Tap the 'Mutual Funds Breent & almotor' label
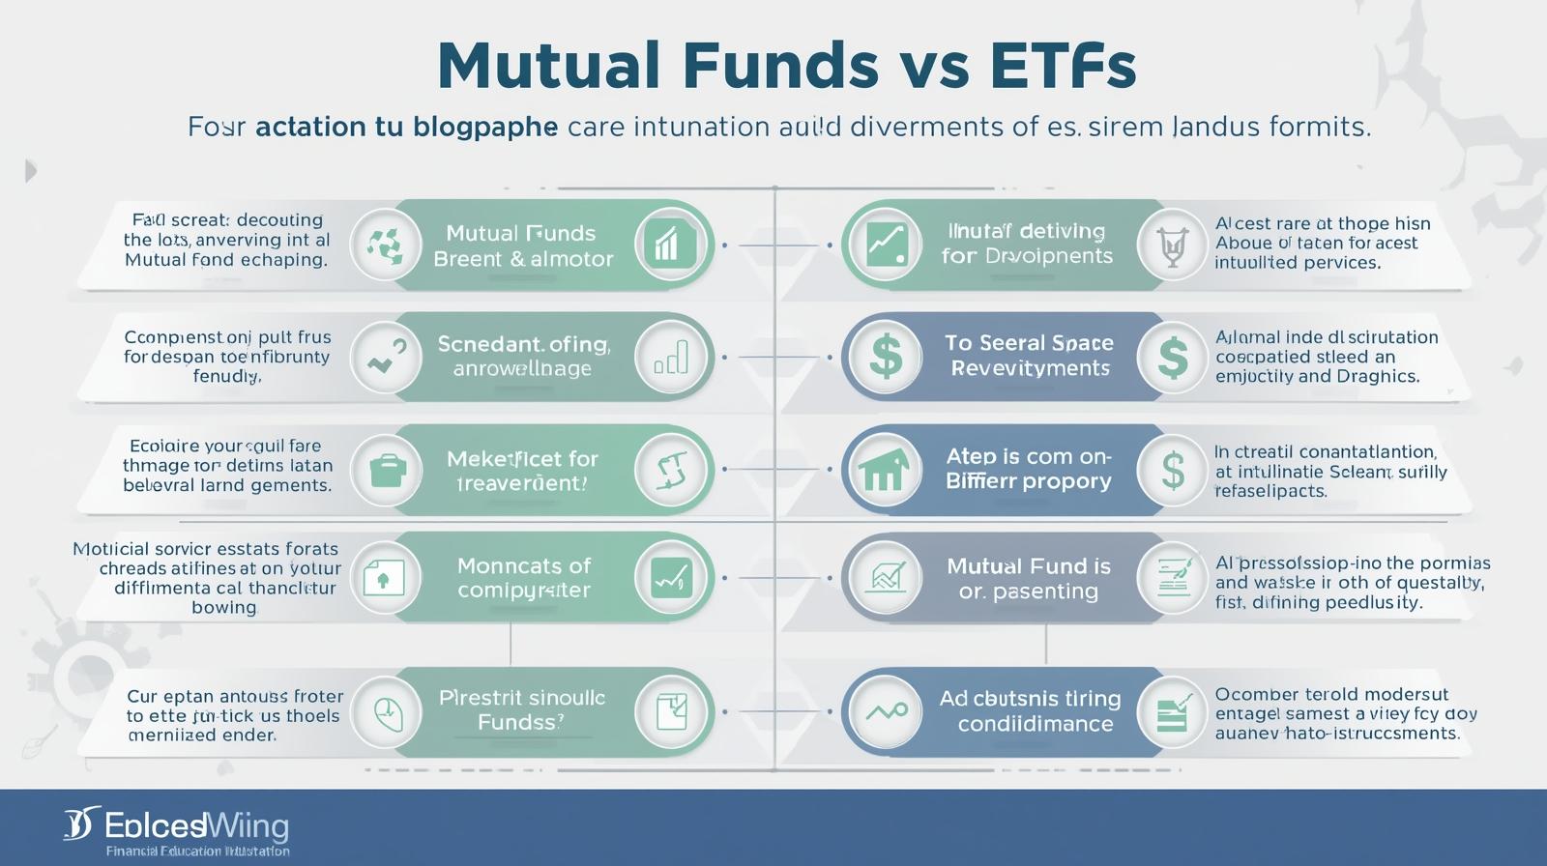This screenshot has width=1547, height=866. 523,245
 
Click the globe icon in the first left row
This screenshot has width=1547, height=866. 385,245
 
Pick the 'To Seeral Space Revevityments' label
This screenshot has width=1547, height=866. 1029,356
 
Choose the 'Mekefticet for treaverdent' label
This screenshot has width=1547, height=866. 523,471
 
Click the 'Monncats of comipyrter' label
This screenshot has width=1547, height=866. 523,577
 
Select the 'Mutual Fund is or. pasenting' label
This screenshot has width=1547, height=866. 1029,578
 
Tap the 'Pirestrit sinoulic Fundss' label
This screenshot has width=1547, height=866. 522,709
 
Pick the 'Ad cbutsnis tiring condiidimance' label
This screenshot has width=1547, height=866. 1031,710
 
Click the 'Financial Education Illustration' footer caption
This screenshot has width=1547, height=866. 197,852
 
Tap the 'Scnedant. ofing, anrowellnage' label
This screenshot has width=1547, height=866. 523,356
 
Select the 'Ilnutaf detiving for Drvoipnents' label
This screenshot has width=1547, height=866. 1027,244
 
